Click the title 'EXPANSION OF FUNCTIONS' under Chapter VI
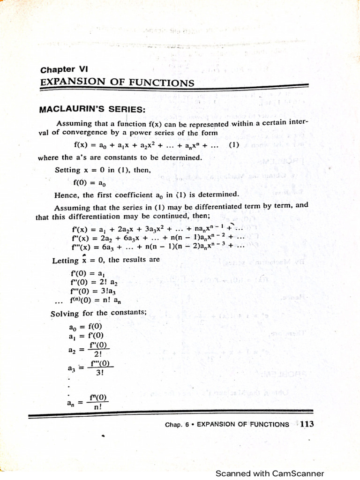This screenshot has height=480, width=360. coord(117,82)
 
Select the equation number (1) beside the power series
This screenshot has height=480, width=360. coord(234,145)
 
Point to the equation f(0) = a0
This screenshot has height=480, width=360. coord(86,182)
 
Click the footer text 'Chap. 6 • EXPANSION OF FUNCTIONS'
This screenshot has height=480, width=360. coord(227,425)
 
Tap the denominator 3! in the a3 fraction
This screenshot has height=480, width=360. coord(100,373)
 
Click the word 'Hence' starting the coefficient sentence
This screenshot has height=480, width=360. coord(65,195)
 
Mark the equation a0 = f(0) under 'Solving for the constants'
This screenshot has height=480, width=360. coord(85,326)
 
